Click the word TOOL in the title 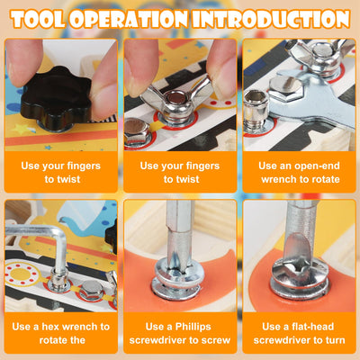(39, 20)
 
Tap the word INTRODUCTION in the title (271, 20)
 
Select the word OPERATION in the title (129, 20)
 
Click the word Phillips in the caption (193, 327)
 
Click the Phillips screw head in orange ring (178, 277)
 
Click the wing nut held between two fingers (176, 102)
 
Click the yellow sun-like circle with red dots (21, 274)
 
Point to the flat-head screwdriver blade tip (297, 264)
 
